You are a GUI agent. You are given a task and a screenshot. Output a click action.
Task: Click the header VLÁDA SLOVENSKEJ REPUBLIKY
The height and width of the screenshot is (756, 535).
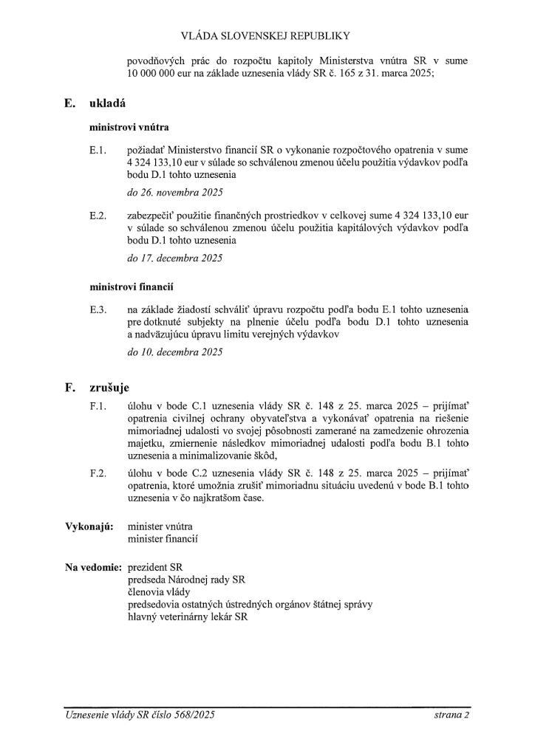click(267, 35)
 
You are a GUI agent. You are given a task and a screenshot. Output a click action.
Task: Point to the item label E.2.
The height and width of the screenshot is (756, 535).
click(98, 215)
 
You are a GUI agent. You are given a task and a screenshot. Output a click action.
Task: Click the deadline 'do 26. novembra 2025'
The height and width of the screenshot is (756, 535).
click(174, 193)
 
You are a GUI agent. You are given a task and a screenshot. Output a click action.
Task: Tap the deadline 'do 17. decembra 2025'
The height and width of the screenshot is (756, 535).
click(174, 258)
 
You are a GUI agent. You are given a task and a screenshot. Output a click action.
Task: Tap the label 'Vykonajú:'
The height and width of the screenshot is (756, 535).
click(88, 526)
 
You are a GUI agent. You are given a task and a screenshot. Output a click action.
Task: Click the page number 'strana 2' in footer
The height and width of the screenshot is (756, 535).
click(452, 715)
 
